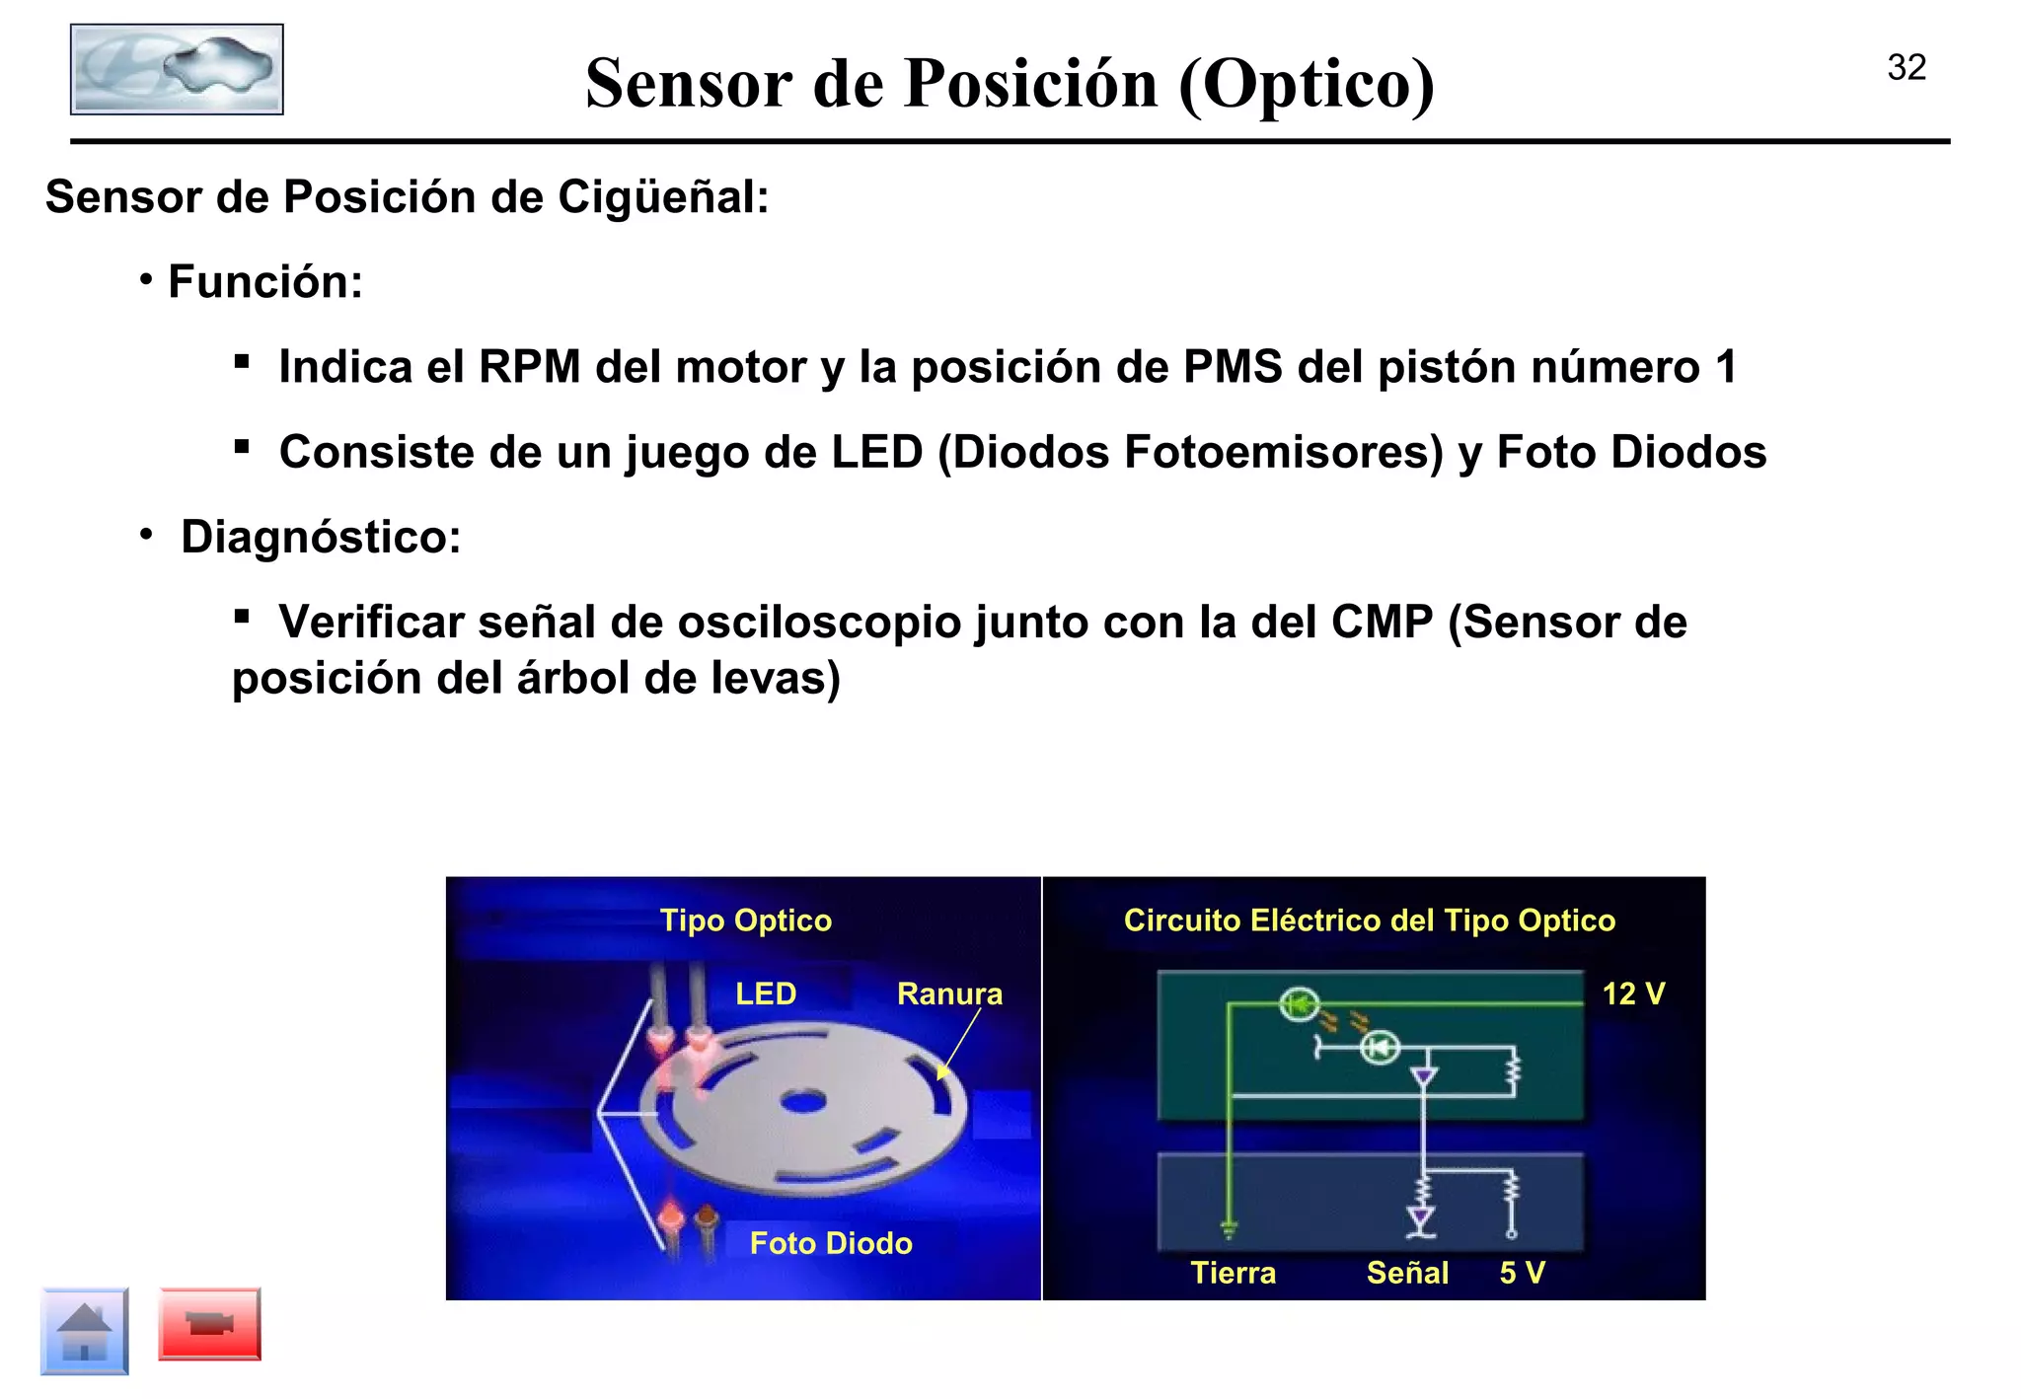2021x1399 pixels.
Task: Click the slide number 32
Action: coord(1906,68)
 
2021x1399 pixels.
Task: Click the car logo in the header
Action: coord(177,70)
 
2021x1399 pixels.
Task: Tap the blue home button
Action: coord(85,1331)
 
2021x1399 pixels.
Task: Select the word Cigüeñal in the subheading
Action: coord(662,197)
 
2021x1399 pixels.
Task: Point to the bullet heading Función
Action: coord(264,282)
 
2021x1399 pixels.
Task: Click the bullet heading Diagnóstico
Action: coord(320,538)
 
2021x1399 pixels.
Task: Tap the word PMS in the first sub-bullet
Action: coord(1232,367)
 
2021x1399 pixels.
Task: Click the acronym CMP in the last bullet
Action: coord(1381,623)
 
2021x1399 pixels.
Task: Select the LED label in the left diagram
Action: coord(766,994)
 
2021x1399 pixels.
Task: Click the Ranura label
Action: coord(949,994)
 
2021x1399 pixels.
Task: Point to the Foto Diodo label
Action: coord(831,1243)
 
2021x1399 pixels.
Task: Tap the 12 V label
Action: coord(1633,994)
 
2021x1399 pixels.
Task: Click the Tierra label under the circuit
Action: coord(1233,1273)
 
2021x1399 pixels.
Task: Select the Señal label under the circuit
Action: coord(1407,1273)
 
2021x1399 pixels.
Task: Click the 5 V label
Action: coord(1522,1273)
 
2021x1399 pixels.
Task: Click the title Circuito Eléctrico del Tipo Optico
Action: coord(1369,920)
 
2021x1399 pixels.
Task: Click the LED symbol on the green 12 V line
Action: coord(1300,1005)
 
